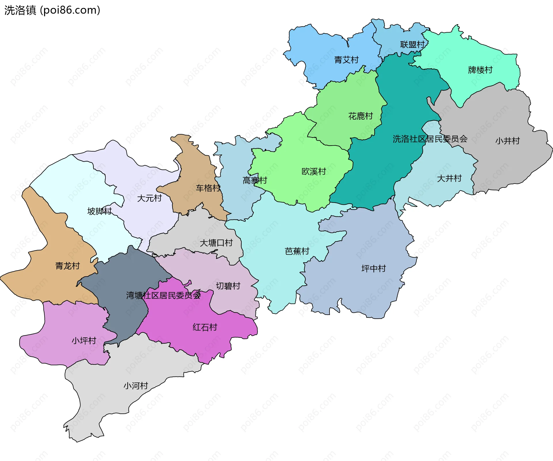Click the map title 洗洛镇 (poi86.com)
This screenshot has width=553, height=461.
tap(52, 10)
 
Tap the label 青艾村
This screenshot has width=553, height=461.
tap(346, 60)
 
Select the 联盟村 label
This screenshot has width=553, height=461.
tap(412, 45)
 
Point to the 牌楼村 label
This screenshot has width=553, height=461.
tap(480, 70)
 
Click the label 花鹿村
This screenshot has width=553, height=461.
tap(360, 116)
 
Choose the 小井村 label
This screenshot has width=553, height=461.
tap(507, 141)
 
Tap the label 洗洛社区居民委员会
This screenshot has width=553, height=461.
tap(430, 139)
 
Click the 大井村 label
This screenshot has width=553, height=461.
tap(449, 179)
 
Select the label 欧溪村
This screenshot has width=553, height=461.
tap(313, 172)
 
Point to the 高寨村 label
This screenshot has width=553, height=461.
tap(255, 181)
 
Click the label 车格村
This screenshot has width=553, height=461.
tap(208, 188)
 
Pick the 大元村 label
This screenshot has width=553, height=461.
tap(149, 198)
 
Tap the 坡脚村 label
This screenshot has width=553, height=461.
tap(99, 211)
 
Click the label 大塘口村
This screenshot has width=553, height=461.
tap(216, 243)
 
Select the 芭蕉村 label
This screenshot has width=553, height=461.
tap(297, 252)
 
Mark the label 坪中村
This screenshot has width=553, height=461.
tap(373, 269)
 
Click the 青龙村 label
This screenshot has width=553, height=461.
tap(67, 266)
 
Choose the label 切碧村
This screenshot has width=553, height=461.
tap(228, 286)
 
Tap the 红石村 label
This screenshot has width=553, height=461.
tap(204, 327)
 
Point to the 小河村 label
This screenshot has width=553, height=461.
tap(136, 386)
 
